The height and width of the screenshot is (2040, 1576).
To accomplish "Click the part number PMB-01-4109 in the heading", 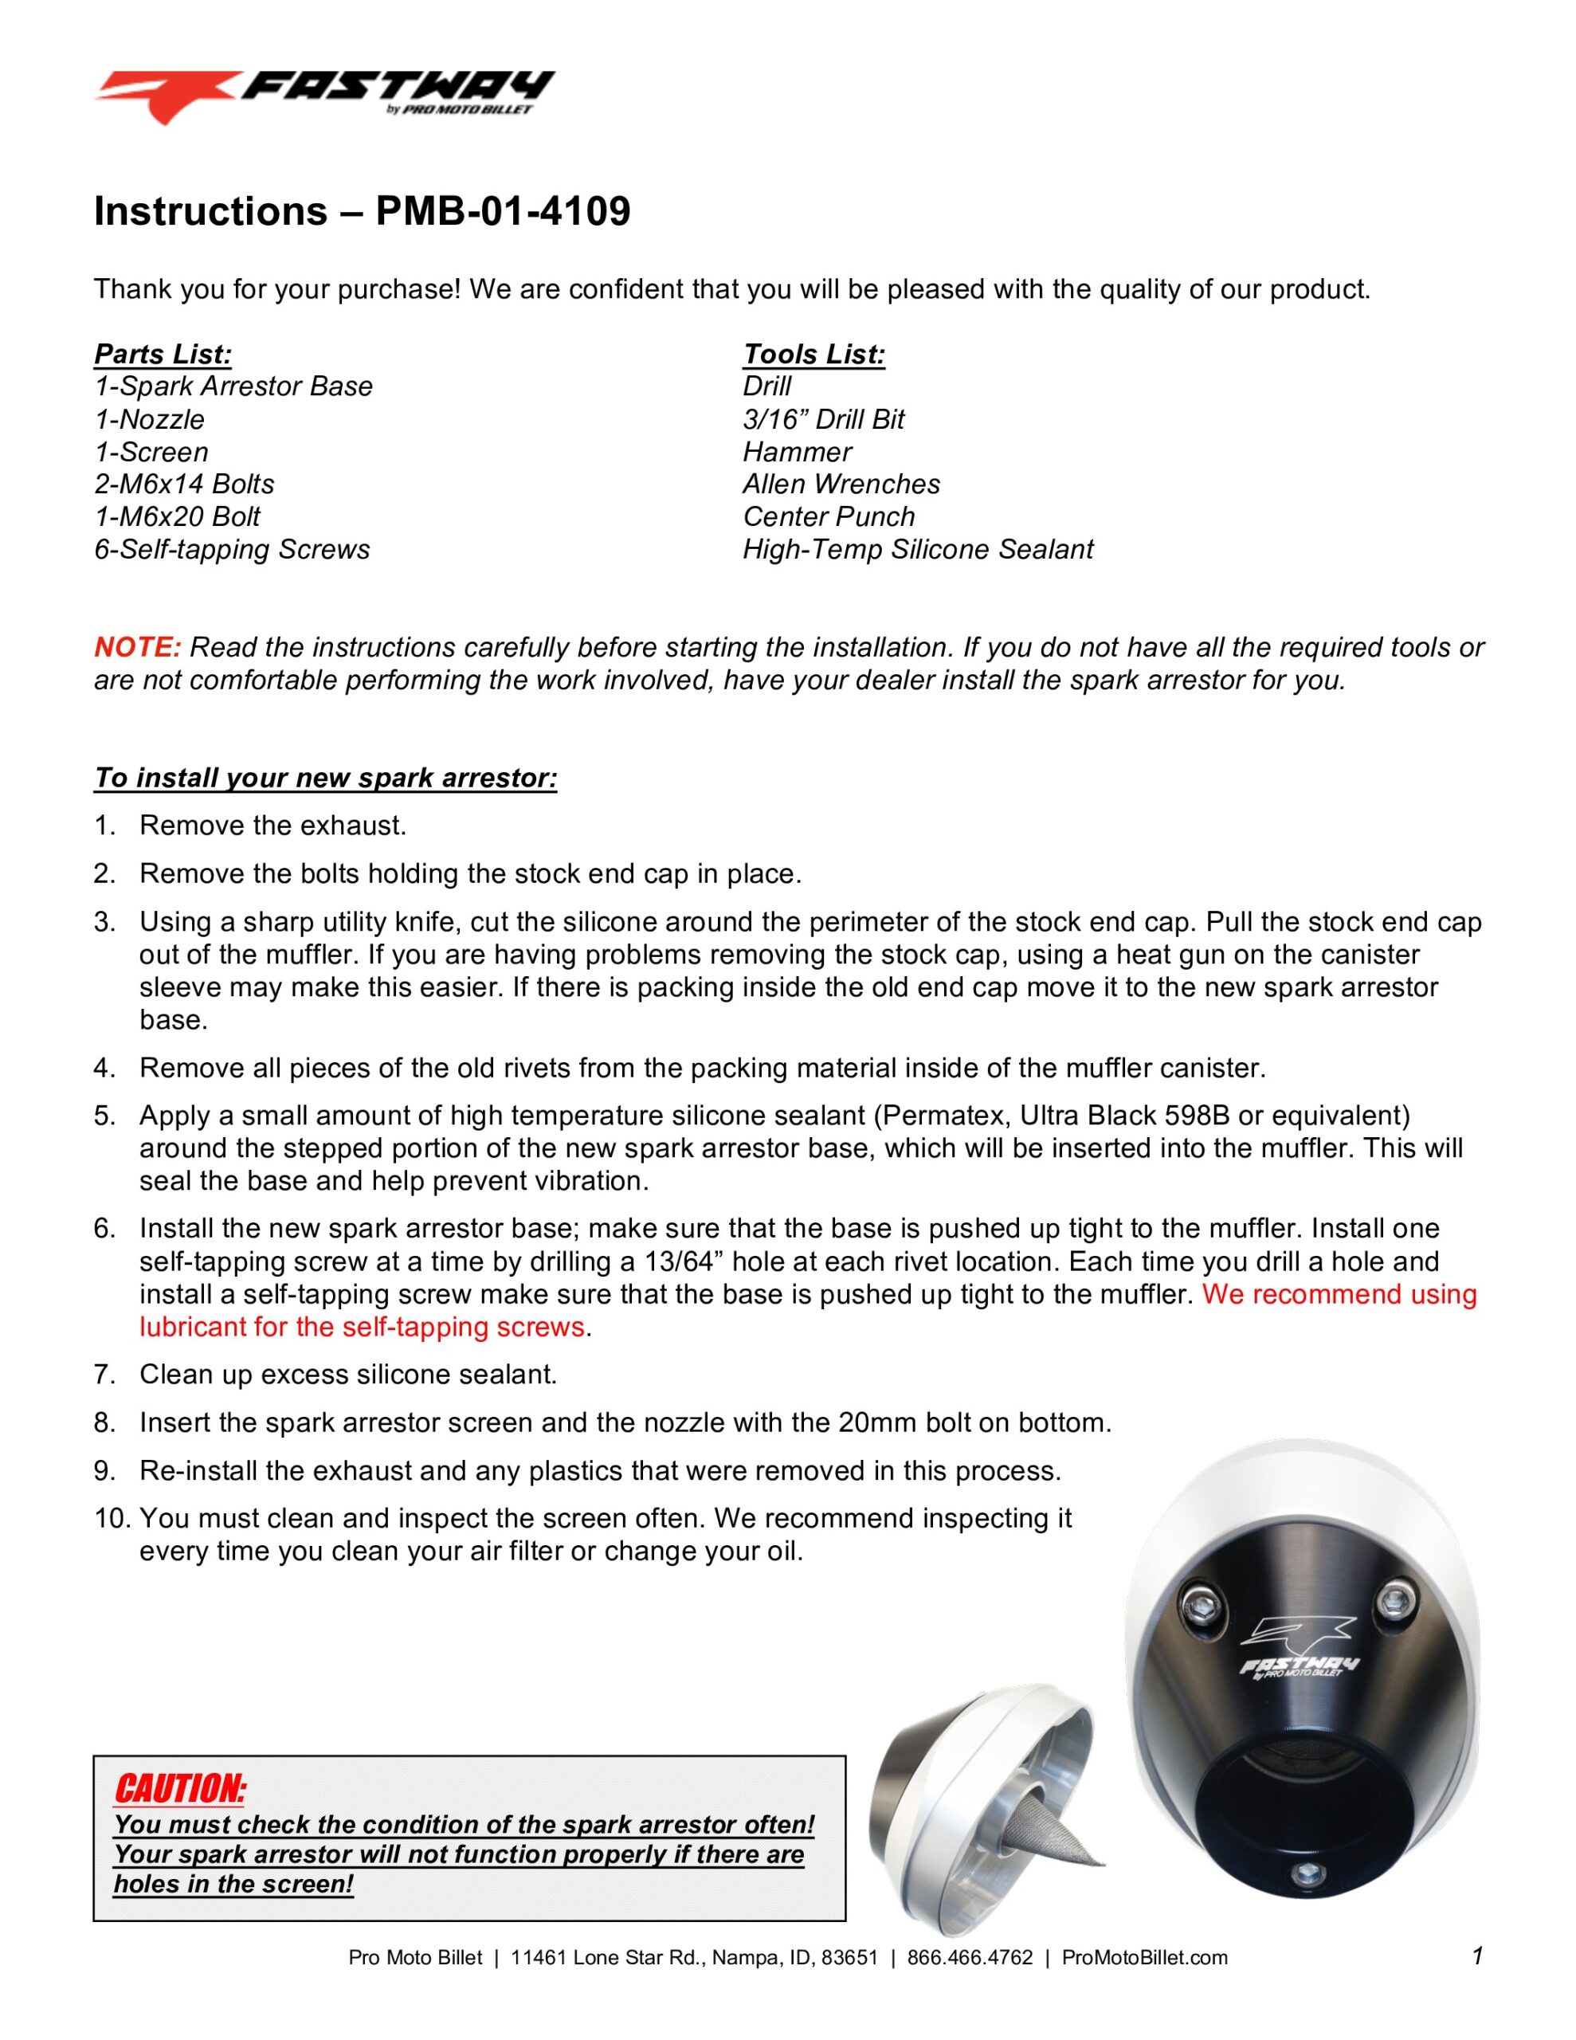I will tap(503, 212).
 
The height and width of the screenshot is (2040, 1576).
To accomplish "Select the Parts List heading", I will tap(163, 355).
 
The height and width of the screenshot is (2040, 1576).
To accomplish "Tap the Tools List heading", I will tap(813, 355).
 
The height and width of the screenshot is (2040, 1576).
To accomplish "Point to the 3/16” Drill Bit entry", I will tap(823, 419).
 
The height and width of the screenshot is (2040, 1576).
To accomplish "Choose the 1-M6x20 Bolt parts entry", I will tap(177, 516).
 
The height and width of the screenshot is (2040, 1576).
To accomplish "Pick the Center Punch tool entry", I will tap(829, 516).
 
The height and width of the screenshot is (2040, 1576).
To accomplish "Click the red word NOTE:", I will tap(136, 647).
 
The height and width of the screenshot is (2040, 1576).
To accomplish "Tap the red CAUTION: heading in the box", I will tap(179, 1790).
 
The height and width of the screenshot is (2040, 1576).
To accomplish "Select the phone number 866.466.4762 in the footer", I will tap(970, 1958).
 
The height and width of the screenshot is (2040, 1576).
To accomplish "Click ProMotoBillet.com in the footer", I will tap(1144, 1958).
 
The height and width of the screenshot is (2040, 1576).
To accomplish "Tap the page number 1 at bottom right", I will tap(1477, 1955).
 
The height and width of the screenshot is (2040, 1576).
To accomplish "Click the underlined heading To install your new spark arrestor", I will tap(325, 778).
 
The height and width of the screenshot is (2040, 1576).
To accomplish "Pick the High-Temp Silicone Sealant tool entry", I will tap(917, 549).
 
